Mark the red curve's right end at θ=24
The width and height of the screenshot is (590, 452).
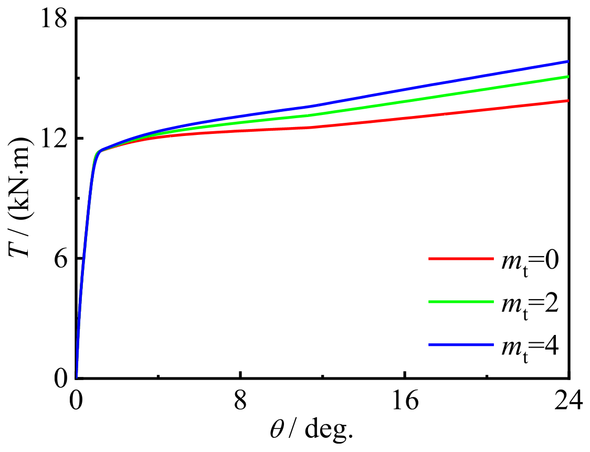pos(568,100)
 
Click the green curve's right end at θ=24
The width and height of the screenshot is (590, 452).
pos(568,77)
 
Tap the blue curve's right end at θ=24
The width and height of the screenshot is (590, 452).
pos(568,61)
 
